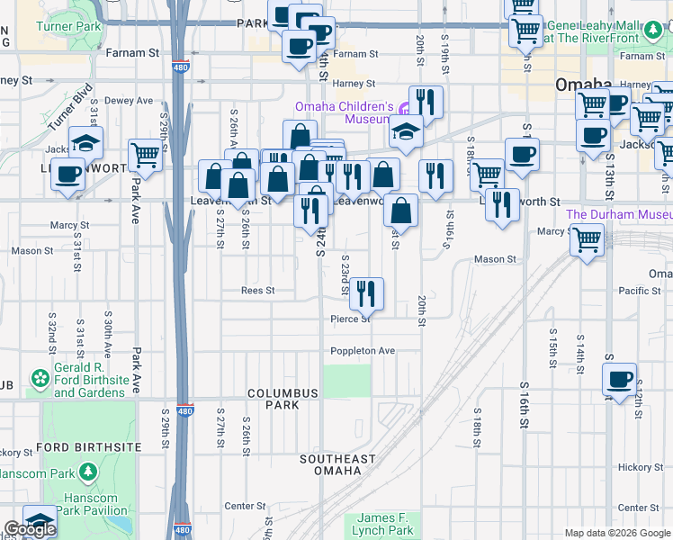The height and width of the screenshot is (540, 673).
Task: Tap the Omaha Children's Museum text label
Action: pos(345,112)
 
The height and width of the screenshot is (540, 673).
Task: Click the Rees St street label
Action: pos(257,291)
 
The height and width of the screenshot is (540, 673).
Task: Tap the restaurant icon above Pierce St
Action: pos(366,292)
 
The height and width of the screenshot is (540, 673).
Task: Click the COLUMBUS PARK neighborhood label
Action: pos(283,399)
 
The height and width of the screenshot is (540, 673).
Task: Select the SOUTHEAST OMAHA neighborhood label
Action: pos(337,465)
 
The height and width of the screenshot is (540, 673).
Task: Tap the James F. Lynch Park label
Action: pos(384,524)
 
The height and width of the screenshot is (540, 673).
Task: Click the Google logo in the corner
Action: pos(31,529)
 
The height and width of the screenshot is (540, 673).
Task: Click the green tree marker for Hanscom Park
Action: pos(88,472)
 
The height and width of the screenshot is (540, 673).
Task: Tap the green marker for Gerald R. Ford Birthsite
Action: pos(39,381)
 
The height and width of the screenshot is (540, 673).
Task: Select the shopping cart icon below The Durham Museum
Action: pos(588,239)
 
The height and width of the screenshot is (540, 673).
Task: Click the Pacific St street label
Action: pos(640,291)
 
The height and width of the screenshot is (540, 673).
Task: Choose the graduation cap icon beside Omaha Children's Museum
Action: pos(406,131)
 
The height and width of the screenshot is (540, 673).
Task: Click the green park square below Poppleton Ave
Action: pos(347,381)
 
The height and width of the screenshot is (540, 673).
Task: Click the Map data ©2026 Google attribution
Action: pos(616,533)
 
